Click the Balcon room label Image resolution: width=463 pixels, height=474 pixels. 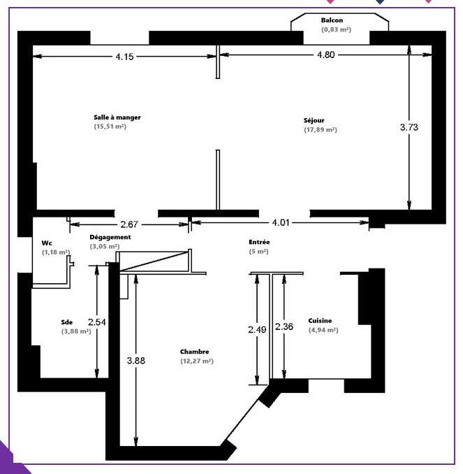coord(332,21)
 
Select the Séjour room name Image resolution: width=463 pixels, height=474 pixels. coord(314,120)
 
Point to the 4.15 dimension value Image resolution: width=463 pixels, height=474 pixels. coord(124,57)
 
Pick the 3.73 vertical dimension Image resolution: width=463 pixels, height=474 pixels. coord(409,127)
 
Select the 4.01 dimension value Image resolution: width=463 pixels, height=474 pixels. coord(281,223)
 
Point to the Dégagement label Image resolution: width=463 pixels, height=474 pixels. coord(110,238)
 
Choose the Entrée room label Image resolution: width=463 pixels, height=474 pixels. coord(259,242)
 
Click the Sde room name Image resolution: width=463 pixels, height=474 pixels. coord(67,322)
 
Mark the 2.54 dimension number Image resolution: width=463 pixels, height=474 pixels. coord(97,322)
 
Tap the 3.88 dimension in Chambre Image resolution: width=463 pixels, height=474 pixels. coord(136,361)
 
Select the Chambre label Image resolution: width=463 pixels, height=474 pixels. coord(194,352)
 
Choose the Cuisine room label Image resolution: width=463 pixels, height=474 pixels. coord(320,320)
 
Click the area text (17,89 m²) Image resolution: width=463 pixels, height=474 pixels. coord(320,130)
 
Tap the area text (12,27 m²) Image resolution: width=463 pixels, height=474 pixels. coord(196,361)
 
